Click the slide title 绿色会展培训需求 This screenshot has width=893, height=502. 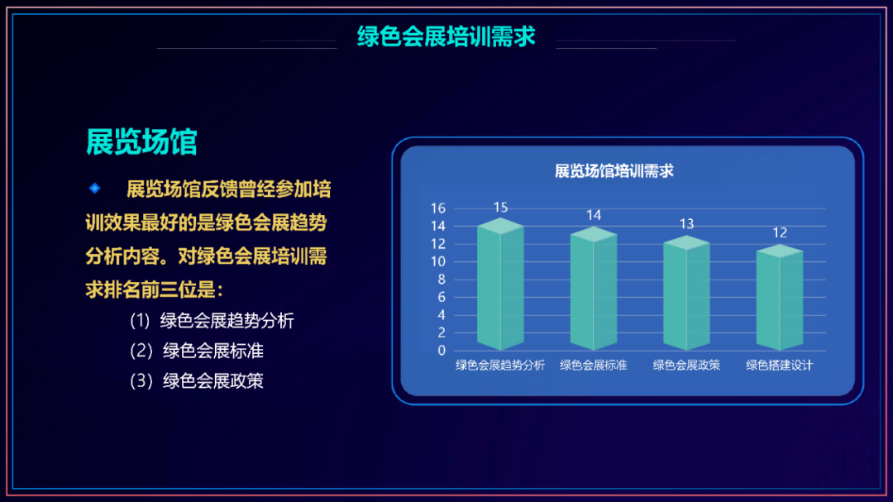pyautogui.click(x=446, y=36)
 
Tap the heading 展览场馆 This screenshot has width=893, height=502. pyautogui.click(x=141, y=141)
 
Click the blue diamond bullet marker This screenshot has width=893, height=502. pyautogui.click(x=94, y=188)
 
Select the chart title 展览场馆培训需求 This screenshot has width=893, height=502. pyautogui.click(x=614, y=170)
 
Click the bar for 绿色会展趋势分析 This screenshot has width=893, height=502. pyautogui.click(x=500, y=284)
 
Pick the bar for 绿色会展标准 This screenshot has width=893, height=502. pyautogui.click(x=594, y=289)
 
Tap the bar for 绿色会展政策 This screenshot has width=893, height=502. pyautogui.click(x=686, y=293)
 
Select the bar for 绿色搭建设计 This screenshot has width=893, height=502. pyautogui.click(x=780, y=297)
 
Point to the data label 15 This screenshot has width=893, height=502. pyautogui.click(x=500, y=207)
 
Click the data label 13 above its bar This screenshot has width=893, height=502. pyautogui.click(x=687, y=224)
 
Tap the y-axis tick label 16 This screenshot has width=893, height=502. pyautogui.click(x=438, y=208)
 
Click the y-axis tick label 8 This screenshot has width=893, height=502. pyautogui.click(x=442, y=280)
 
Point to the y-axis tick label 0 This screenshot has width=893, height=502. pyautogui.click(x=442, y=351)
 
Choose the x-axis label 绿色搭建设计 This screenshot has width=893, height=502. pyautogui.click(x=780, y=366)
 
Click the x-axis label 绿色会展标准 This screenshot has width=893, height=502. pyautogui.click(x=594, y=366)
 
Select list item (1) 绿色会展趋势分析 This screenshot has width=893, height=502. pyautogui.click(x=212, y=321)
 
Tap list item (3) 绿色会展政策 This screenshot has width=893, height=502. pyautogui.click(x=197, y=380)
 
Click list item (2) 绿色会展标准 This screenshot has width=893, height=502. pyautogui.click(x=197, y=351)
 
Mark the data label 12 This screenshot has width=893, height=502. pyautogui.click(x=780, y=232)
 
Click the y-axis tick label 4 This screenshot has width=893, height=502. pyautogui.click(x=442, y=315)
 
